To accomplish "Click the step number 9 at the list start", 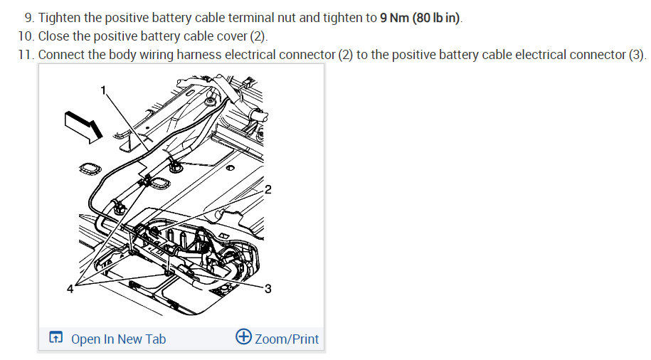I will tap(28, 18).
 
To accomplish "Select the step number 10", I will tap(25, 36).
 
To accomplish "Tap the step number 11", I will tap(25, 55).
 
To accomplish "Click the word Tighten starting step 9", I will tap(61, 18).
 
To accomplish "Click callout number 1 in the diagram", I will tap(103, 90).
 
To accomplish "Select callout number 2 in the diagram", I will tap(268, 189).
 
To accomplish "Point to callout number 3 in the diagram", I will tap(268, 289).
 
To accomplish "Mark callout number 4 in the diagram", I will tap(70, 289).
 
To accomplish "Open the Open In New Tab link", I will tap(118, 339).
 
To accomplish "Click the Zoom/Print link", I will tap(287, 339).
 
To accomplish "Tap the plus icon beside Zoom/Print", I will tap(243, 337).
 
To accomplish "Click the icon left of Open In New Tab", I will tap(55, 339).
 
